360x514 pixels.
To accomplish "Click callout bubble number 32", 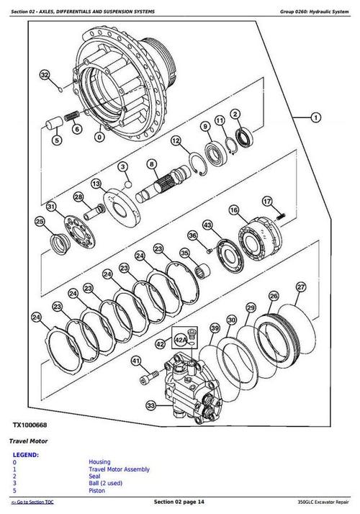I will [45, 75].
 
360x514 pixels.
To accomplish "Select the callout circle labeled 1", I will [315, 117].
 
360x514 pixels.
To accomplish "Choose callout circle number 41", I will [135, 361].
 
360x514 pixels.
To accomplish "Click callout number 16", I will [233, 209].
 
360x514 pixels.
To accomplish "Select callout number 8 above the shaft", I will [152, 164].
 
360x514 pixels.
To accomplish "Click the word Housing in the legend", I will [100, 462].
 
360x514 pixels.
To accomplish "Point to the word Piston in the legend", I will [98, 491].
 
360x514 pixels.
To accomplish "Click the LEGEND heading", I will [27, 455].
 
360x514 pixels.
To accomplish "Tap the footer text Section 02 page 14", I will [179, 502].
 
